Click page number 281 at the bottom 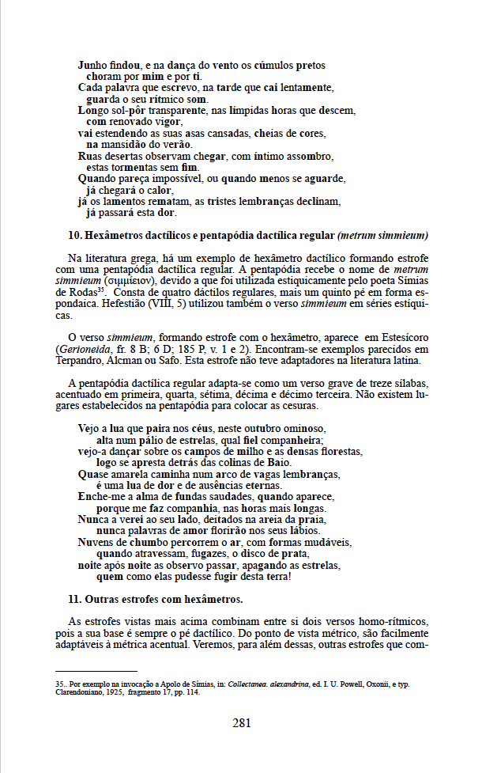coord(241,722)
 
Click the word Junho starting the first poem coord(93,66)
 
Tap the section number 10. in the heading coord(76,235)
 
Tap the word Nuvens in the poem coord(96,543)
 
